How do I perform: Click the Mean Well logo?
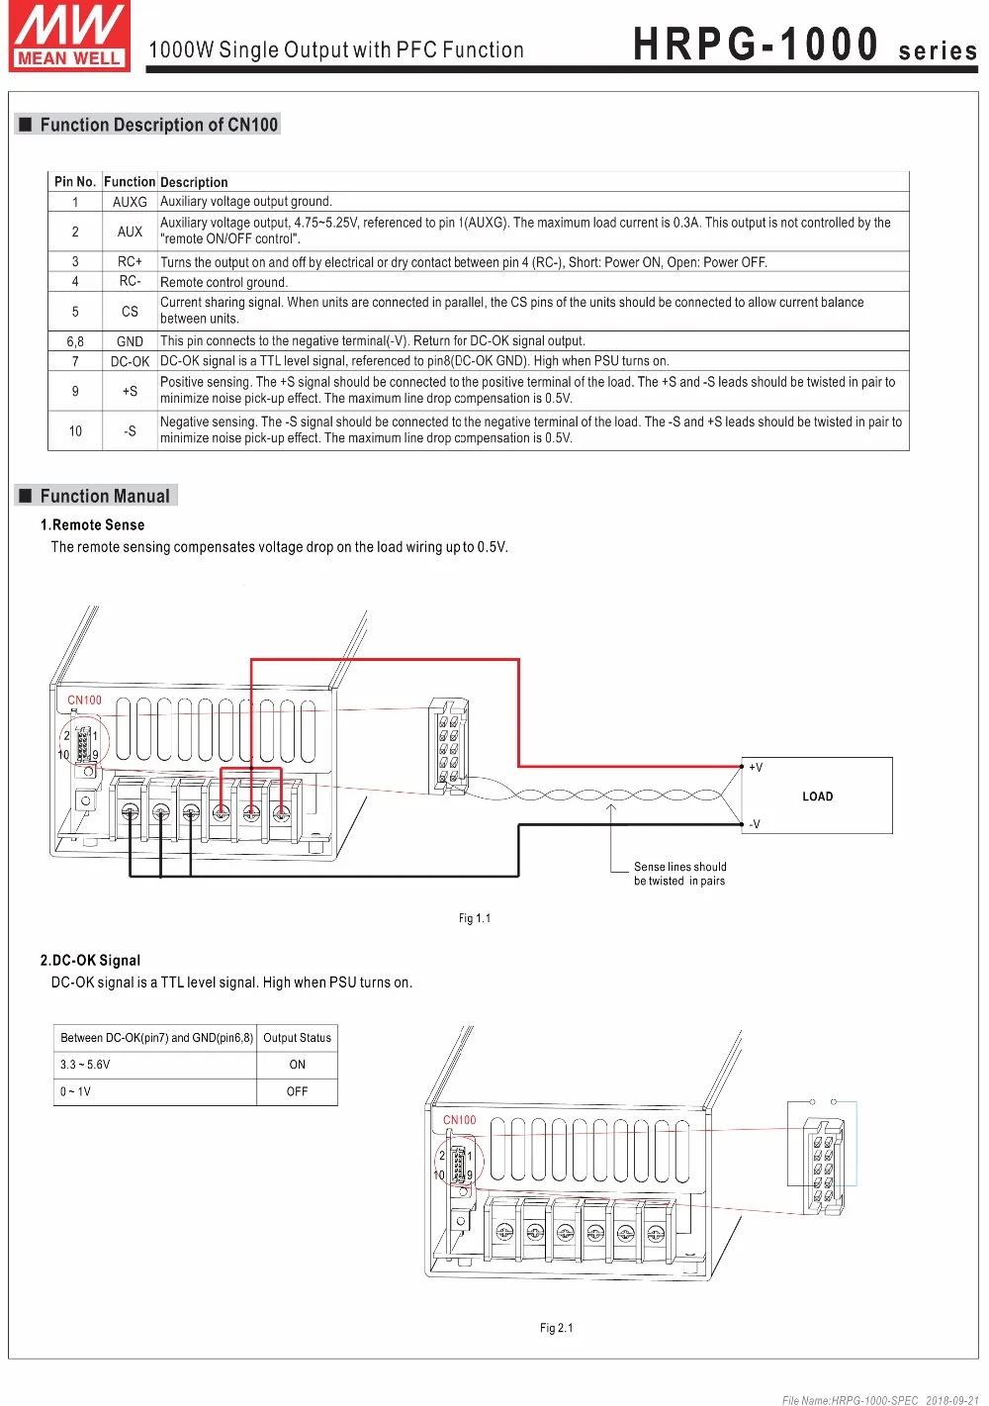pyautogui.click(x=69, y=37)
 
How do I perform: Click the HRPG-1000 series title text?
pyautogui.click(x=804, y=46)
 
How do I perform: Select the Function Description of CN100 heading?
pyautogui.click(x=158, y=125)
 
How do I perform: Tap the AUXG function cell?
pyautogui.click(x=130, y=202)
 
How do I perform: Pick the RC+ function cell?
pyautogui.click(x=130, y=262)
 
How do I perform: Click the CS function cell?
pyautogui.click(x=130, y=312)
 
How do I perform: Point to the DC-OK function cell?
pyautogui.click(x=130, y=362)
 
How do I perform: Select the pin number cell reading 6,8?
pyautogui.click(x=75, y=341)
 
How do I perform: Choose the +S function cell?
pyautogui.click(x=130, y=392)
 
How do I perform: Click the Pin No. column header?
pyautogui.click(x=75, y=182)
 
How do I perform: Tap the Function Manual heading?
pyautogui.click(x=104, y=497)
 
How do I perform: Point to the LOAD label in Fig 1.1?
pyautogui.click(x=817, y=797)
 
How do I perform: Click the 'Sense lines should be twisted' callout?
pyautogui.click(x=679, y=874)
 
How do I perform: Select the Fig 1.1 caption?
pyautogui.click(x=475, y=918)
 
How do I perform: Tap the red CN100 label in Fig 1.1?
pyautogui.click(x=84, y=701)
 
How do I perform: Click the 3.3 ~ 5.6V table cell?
pyautogui.click(x=85, y=1065)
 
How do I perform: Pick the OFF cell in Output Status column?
pyautogui.click(x=297, y=1091)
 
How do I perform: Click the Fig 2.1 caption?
pyautogui.click(x=556, y=1328)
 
